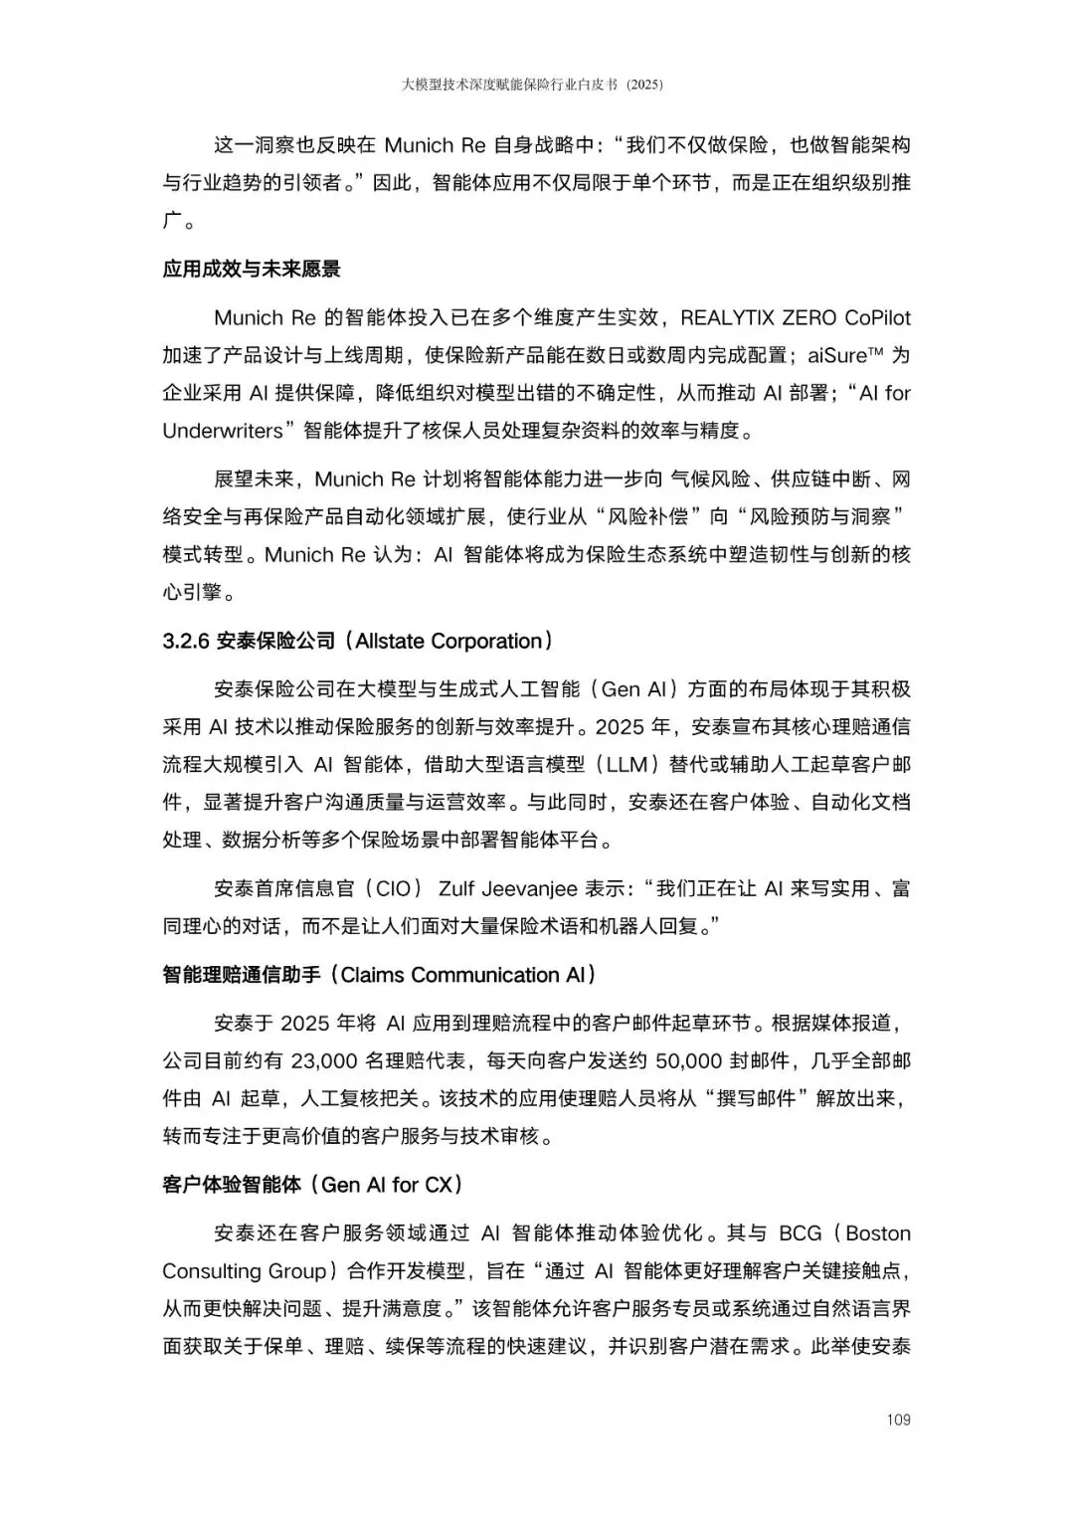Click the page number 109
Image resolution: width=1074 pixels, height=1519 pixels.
(x=898, y=1420)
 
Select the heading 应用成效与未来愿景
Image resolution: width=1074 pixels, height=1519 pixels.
(x=252, y=269)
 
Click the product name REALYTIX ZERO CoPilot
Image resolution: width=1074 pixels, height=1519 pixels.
(x=795, y=317)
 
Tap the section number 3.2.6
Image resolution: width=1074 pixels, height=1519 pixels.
(x=186, y=641)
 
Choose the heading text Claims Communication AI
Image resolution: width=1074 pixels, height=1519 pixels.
(x=462, y=975)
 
